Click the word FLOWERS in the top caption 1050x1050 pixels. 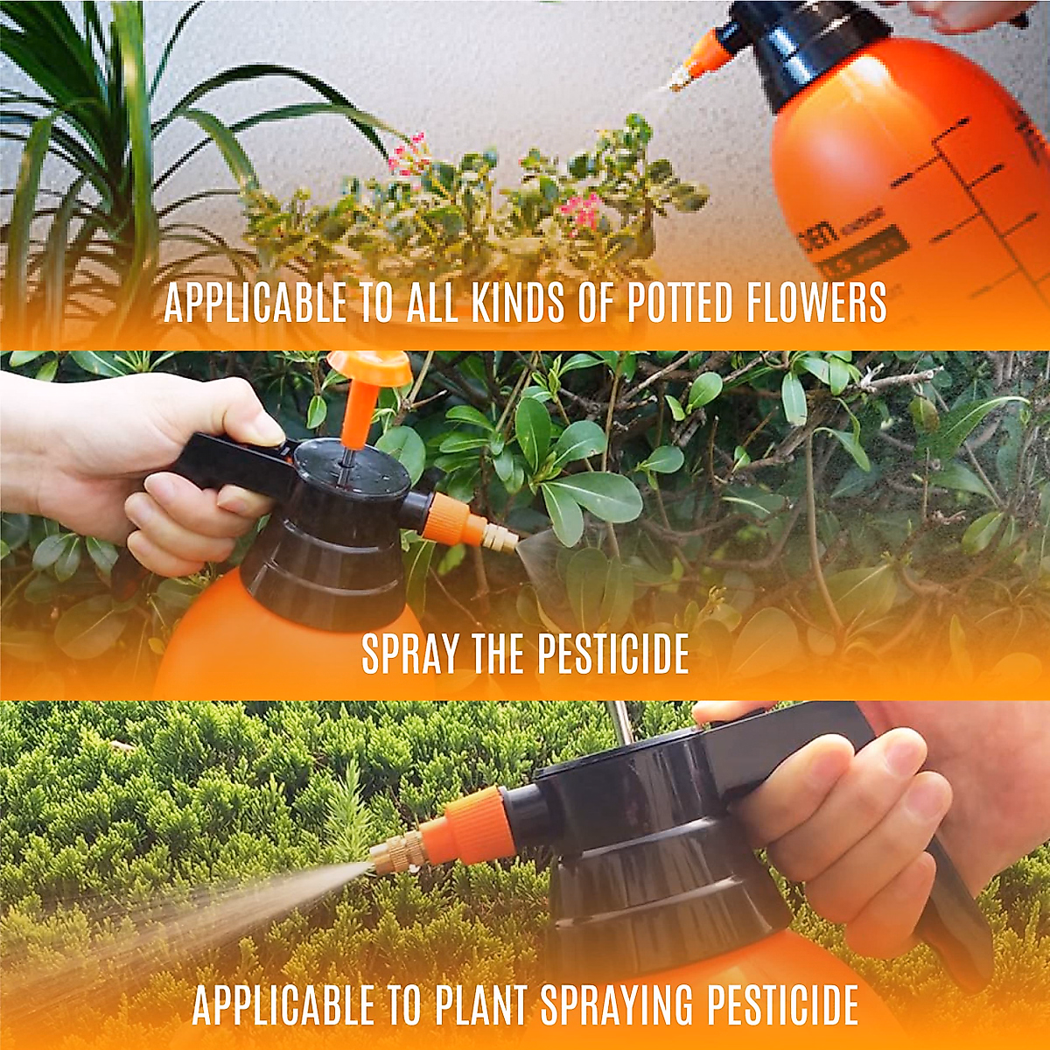coord(817,303)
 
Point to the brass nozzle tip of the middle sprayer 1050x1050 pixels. coord(501,536)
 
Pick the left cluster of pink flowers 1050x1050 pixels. coord(407,153)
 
